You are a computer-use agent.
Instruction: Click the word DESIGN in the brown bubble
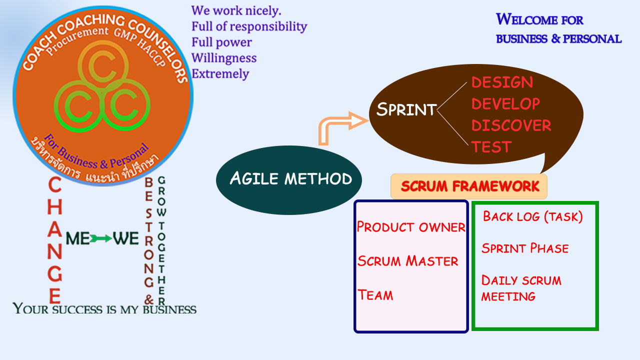coord(502,82)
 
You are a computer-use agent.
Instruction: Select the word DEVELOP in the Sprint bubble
coord(505,103)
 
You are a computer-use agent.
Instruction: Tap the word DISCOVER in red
coord(511,125)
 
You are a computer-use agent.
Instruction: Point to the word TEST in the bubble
coord(491,147)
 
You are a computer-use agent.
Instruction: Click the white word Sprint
coord(406,109)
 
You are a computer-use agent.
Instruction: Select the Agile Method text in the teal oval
coord(291,178)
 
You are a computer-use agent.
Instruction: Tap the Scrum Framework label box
coord(469,186)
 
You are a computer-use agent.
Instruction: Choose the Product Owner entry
coord(411,227)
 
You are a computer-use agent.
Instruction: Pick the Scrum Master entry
coord(407,261)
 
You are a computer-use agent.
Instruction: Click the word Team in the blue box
coord(375,295)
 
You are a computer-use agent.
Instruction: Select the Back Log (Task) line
coord(533,216)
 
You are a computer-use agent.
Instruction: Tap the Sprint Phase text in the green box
coord(525,248)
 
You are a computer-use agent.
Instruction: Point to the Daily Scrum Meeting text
coord(521,288)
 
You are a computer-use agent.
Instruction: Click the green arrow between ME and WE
coord(101,238)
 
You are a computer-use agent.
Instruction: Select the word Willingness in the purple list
coord(224,58)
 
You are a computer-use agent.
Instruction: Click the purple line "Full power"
coord(221,42)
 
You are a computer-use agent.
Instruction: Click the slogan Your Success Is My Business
coord(104,308)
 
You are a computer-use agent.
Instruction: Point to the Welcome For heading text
coord(539,19)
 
